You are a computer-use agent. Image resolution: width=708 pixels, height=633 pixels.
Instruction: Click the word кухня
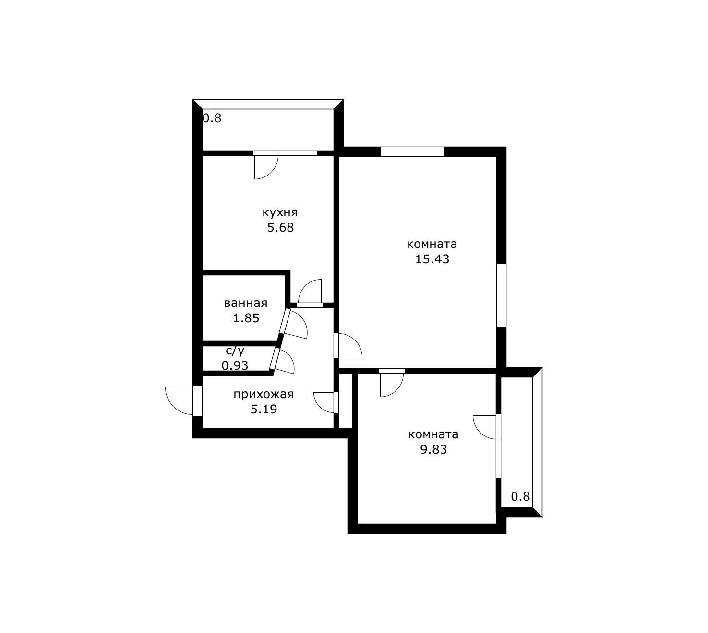click(280, 212)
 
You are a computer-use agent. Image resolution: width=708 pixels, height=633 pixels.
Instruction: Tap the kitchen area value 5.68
click(281, 228)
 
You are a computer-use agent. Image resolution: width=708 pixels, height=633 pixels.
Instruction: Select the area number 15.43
click(432, 259)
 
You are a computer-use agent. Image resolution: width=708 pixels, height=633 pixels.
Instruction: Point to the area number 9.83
click(433, 449)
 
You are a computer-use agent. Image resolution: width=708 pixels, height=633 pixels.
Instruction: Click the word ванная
click(246, 303)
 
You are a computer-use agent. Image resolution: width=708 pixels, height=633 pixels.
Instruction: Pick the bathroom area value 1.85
click(246, 318)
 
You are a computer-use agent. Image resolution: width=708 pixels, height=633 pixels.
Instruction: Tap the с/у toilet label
click(235, 351)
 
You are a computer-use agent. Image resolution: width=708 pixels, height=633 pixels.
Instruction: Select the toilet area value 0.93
click(235, 365)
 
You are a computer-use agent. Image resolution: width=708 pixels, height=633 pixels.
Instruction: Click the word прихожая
click(264, 394)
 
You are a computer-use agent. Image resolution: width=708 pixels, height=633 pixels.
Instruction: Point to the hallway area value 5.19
click(264, 409)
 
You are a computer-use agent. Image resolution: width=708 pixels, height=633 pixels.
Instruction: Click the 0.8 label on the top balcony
click(212, 118)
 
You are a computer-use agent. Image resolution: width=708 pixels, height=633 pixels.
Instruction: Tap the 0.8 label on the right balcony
click(520, 496)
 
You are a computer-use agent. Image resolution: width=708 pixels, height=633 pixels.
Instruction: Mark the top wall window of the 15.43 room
click(412, 152)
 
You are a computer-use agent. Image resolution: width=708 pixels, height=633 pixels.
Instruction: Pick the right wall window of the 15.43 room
click(502, 295)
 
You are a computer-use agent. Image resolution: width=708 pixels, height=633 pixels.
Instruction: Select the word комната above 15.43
click(432, 244)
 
